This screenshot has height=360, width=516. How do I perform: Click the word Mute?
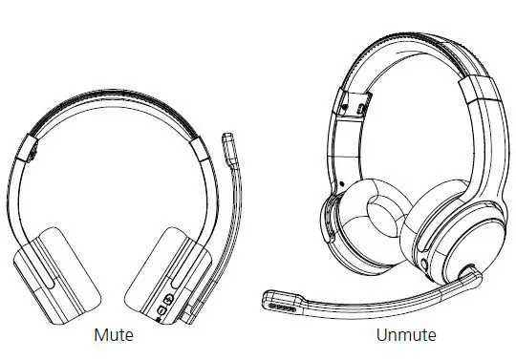[x=113, y=335]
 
